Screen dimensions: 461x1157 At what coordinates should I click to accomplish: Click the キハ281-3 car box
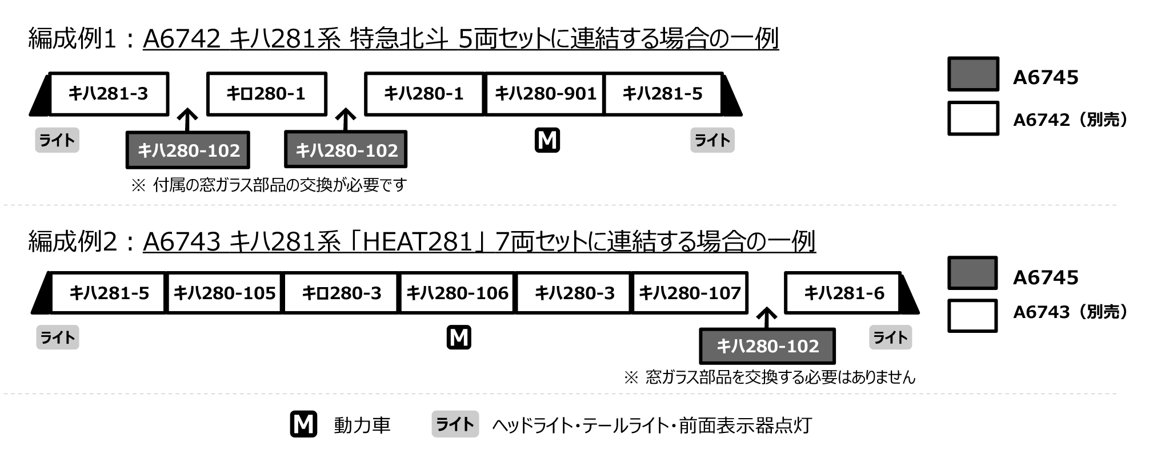(x=109, y=94)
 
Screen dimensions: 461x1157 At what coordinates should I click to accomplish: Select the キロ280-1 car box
(x=266, y=94)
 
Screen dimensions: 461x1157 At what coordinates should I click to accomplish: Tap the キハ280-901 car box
(x=545, y=94)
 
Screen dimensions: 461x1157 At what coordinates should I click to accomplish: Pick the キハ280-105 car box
(x=225, y=293)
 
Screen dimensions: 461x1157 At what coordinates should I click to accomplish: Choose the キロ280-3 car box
(x=341, y=293)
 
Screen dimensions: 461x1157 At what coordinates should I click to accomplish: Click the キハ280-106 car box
(x=458, y=293)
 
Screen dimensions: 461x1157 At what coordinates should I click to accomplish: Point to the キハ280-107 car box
(x=690, y=293)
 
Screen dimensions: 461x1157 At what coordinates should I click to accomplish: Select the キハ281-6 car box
(x=843, y=293)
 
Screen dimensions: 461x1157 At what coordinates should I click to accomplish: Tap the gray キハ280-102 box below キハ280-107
(x=767, y=346)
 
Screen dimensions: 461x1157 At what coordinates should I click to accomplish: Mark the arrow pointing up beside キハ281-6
(x=767, y=317)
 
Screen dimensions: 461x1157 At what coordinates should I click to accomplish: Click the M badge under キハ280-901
(x=547, y=141)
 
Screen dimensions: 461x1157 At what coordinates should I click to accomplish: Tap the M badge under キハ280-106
(x=459, y=337)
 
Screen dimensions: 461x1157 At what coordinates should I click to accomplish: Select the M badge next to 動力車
(x=303, y=424)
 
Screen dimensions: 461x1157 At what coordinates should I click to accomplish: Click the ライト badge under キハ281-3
(x=57, y=141)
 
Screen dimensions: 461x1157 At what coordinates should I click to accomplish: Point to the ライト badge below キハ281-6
(x=890, y=337)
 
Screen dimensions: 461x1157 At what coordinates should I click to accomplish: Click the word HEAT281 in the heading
(x=418, y=242)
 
